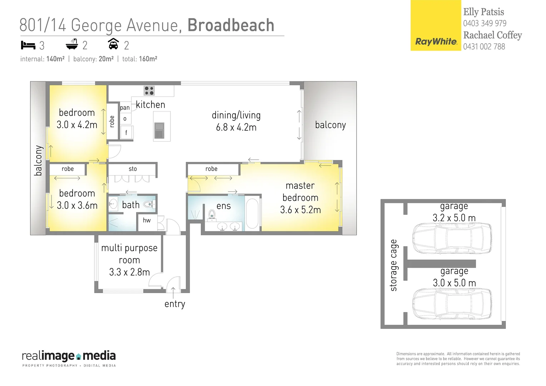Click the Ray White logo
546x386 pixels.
pos(436,26)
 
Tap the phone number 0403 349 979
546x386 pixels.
pos(485,24)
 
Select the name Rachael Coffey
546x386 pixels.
pos(492,35)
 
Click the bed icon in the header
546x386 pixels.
pos(28,45)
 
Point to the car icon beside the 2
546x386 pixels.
pos(113,44)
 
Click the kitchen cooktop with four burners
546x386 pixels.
pos(149,90)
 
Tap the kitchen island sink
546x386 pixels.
pos(159,130)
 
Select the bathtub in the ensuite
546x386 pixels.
pos(252,213)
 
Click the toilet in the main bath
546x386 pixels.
pos(148,204)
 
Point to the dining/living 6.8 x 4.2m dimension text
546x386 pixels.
pos(236,128)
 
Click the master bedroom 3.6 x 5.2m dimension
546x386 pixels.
pos(300,210)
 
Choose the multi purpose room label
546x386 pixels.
pos(129,254)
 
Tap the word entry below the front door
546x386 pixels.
pos(175,304)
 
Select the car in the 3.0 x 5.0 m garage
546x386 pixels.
pos(452,303)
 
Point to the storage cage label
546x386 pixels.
pos(393,265)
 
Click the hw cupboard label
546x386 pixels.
pos(147,220)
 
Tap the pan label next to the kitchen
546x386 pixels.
pos(125,108)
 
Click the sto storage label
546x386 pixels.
pos(133,169)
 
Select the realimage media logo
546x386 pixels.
pos(69,358)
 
